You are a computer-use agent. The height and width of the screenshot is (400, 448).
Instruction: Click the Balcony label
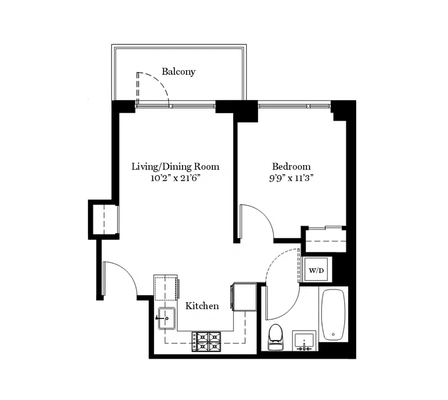tap(178, 71)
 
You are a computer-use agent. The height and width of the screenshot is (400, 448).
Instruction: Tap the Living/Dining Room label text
tap(175, 166)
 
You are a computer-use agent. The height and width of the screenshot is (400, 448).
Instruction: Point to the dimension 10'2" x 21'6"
tap(175, 178)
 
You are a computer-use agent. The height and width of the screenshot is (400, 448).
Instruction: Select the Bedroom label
tap(291, 166)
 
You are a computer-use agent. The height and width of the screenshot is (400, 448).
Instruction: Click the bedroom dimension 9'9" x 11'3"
tap(291, 178)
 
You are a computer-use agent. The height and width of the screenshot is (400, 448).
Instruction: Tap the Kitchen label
tap(202, 305)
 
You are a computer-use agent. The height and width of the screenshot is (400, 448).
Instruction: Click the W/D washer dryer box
tap(316, 270)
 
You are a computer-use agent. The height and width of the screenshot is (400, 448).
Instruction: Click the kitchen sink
tap(166, 318)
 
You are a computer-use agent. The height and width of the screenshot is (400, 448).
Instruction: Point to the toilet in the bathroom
tap(275, 337)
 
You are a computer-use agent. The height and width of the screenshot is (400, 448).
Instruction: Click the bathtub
tap(333, 314)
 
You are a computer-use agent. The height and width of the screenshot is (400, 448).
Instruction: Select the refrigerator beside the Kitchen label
tap(244, 296)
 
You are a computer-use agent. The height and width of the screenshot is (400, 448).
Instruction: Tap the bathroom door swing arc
tap(282, 290)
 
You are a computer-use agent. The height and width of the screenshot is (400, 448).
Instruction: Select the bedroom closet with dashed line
tap(325, 240)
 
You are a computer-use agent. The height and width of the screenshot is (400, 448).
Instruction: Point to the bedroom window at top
tap(294, 106)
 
